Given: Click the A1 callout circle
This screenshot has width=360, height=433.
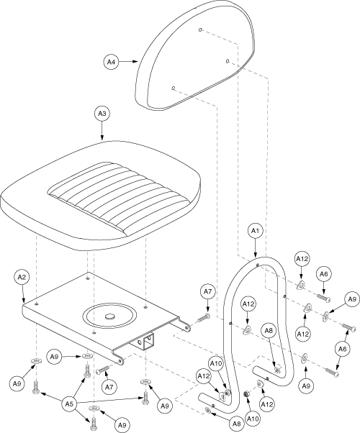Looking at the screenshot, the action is [x=255, y=232].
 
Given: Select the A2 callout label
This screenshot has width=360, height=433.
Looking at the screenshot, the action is [x=22, y=278].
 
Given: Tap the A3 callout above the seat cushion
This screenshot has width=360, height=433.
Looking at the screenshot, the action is [x=102, y=114].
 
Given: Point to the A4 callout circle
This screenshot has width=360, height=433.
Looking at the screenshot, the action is [x=111, y=62].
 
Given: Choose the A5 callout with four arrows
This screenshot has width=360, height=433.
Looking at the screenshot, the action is [x=69, y=404].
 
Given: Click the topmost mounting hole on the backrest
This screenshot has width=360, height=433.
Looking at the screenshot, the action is [x=200, y=29].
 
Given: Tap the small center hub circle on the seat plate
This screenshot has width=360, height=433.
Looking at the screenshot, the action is [x=110, y=316].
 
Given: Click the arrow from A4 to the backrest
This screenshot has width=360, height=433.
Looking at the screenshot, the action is [x=128, y=62].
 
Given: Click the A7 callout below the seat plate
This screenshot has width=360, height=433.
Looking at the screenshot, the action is [x=109, y=388].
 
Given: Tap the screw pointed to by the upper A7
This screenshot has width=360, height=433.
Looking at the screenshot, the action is [x=204, y=319].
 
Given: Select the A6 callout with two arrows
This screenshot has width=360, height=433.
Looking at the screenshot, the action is [x=343, y=350].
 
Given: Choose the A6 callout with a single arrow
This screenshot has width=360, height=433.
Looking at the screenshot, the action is [x=324, y=274].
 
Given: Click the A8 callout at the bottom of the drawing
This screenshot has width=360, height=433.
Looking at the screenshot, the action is [x=237, y=424].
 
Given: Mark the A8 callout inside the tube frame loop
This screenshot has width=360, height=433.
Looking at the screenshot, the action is [x=269, y=331].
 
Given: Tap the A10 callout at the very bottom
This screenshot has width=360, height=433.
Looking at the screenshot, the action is [x=252, y=419].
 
